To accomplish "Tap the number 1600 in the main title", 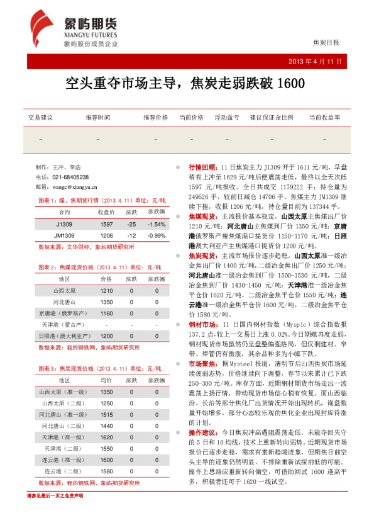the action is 290,83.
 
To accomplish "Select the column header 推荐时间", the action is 98,118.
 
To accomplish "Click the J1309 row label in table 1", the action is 64,224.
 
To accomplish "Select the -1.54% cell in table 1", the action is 156,224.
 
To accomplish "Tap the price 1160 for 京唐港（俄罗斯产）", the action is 107,313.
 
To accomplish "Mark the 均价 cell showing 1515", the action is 107,414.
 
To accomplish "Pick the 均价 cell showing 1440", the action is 107,426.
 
